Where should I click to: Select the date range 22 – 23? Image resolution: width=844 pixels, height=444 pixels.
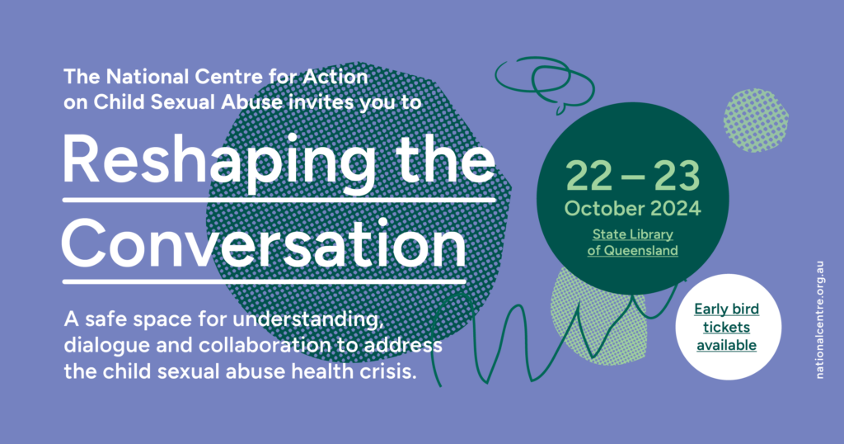[x=632, y=177]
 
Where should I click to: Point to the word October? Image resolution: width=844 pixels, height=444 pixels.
[x=604, y=209]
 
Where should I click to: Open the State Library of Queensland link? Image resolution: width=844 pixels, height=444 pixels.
[x=632, y=243]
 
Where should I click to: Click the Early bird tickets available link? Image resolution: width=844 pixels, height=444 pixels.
[x=727, y=327]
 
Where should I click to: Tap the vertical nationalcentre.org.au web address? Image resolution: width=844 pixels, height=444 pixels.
[x=820, y=320]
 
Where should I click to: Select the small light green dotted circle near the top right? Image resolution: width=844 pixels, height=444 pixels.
[x=756, y=120]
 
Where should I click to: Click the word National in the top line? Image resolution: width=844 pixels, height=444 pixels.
[x=148, y=77]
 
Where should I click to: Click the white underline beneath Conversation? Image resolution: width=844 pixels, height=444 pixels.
[x=264, y=281]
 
